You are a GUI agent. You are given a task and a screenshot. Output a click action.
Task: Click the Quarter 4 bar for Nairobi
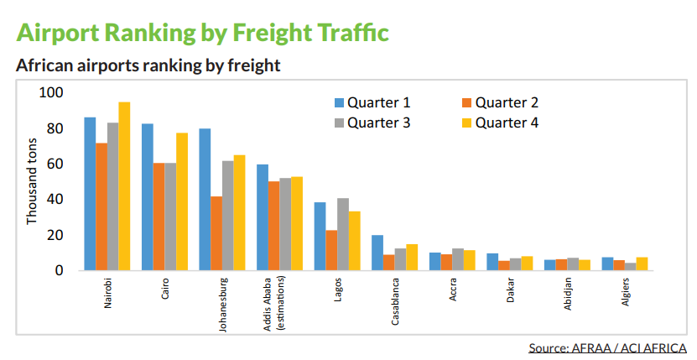(124, 186)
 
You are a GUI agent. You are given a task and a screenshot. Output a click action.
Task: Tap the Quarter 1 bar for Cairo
(147, 197)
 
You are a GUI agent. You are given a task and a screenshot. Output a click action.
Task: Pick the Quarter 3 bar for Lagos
(342, 234)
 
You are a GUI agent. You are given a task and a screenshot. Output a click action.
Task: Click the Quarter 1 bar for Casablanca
(377, 253)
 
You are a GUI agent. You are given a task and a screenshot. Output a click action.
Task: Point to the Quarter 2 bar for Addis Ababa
(273, 226)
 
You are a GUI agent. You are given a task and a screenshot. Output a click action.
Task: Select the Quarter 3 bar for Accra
(457, 259)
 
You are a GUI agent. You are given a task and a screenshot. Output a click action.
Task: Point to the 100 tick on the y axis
(51, 93)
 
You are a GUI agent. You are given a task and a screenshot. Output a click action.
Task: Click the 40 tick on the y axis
(55, 200)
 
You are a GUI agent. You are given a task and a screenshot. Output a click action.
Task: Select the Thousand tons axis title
(33, 182)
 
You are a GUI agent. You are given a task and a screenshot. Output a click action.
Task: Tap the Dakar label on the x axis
(509, 290)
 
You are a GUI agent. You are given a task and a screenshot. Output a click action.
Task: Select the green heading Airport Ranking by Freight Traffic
(202, 33)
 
